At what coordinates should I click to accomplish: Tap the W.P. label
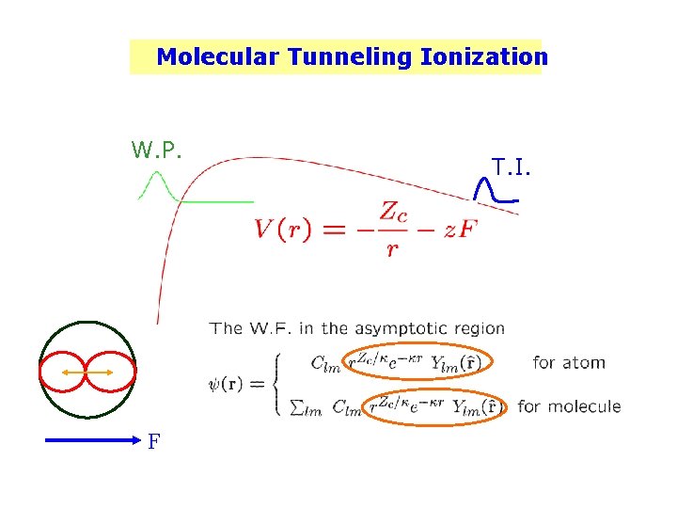coord(156,150)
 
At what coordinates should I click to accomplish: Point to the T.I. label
coord(511,167)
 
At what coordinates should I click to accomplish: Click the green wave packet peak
coord(158,178)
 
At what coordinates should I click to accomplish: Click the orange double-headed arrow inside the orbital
coord(87,373)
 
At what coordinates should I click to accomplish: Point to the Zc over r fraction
coord(396,228)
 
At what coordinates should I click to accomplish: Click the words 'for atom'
coord(569,362)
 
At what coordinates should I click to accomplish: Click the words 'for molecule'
coord(569,406)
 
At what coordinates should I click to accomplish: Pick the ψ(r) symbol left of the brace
coord(231,385)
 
